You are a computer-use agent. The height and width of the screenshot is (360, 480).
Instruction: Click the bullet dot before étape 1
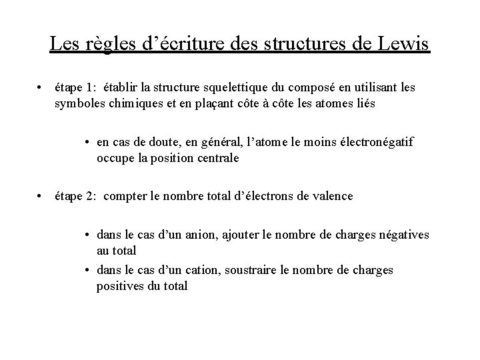(x=41, y=87)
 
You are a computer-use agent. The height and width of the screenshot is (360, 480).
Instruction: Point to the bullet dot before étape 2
(x=41, y=196)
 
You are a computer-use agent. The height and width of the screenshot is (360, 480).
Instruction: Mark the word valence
(x=333, y=196)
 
